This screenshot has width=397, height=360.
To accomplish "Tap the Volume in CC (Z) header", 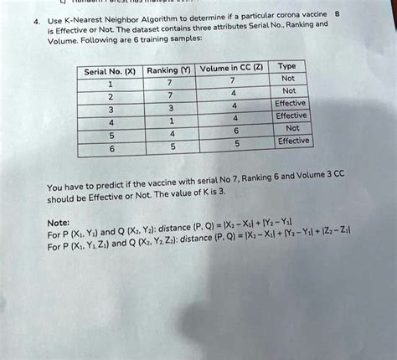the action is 231,69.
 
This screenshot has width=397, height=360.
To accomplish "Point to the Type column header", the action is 286,65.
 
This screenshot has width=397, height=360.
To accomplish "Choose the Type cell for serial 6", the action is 293,141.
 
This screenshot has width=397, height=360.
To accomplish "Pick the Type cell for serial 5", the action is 292,128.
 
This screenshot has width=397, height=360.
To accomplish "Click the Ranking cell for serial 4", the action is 171,120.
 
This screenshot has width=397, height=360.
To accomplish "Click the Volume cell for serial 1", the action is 233,80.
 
